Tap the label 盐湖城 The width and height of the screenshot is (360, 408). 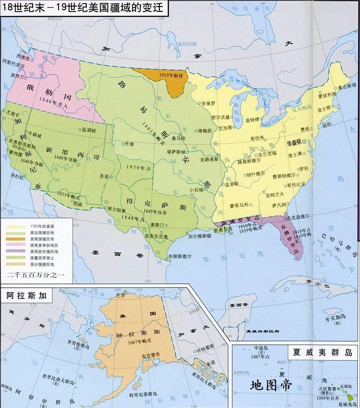[89, 130]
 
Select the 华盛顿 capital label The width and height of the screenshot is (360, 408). [294, 142]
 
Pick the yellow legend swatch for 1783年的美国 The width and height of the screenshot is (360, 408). [13, 226]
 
